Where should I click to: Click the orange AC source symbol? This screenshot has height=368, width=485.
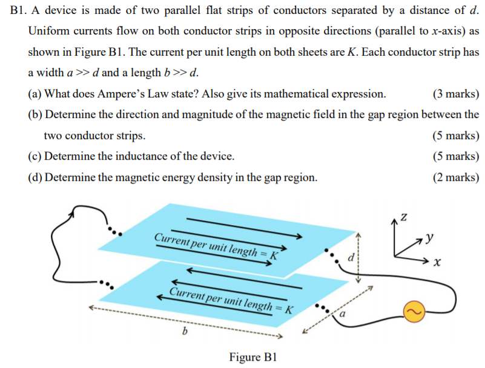coord(412,311)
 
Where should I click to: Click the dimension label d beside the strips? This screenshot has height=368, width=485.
coord(349,259)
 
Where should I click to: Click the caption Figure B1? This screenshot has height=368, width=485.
coord(253,356)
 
